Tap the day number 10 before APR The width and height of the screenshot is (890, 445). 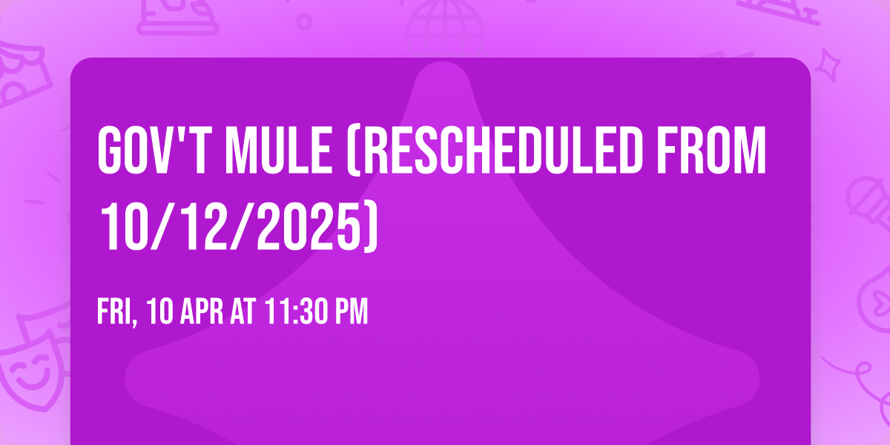159,312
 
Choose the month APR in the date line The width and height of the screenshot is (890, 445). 201,312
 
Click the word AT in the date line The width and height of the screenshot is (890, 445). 243,312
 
